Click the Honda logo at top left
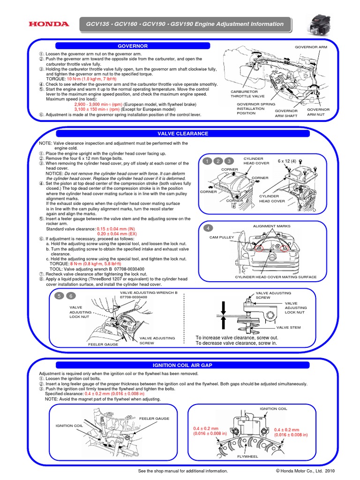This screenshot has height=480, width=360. (49, 24)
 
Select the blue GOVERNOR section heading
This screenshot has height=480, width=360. (132, 46)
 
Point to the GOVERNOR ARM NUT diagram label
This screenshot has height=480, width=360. (318, 112)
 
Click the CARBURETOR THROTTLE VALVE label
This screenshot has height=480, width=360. (247, 94)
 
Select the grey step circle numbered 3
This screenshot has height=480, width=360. (229, 161)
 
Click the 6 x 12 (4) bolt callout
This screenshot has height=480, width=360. (287, 161)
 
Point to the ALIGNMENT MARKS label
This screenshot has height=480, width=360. (271, 226)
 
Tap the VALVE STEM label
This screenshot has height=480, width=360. (288, 328)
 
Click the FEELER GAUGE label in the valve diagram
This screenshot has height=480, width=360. (103, 344)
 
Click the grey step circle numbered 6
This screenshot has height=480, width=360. (70, 296)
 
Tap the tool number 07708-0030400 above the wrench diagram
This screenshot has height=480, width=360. (134, 297)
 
